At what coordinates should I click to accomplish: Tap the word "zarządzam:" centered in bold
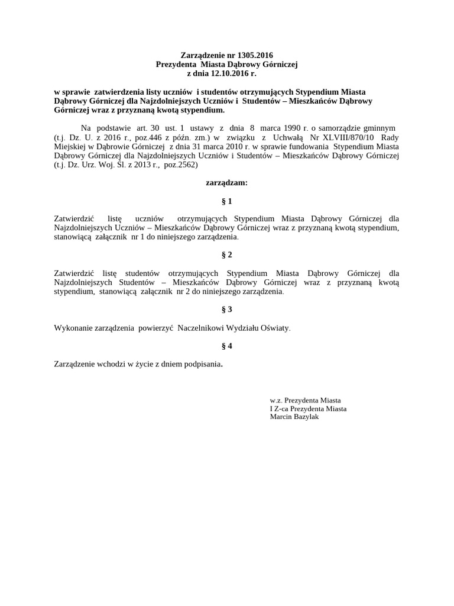(x=226, y=183)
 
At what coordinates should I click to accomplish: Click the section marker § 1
(x=226, y=201)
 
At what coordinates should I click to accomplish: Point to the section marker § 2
(x=226, y=255)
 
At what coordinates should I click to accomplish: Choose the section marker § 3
(x=226, y=309)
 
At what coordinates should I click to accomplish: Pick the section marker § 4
(x=226, y=346)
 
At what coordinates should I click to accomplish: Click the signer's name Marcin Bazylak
(x=294, y=417)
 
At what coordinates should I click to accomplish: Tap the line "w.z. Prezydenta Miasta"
(x=305, y=400)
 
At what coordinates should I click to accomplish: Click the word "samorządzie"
(x=345, y=128)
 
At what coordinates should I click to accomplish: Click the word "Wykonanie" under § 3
(x=70, y=327)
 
